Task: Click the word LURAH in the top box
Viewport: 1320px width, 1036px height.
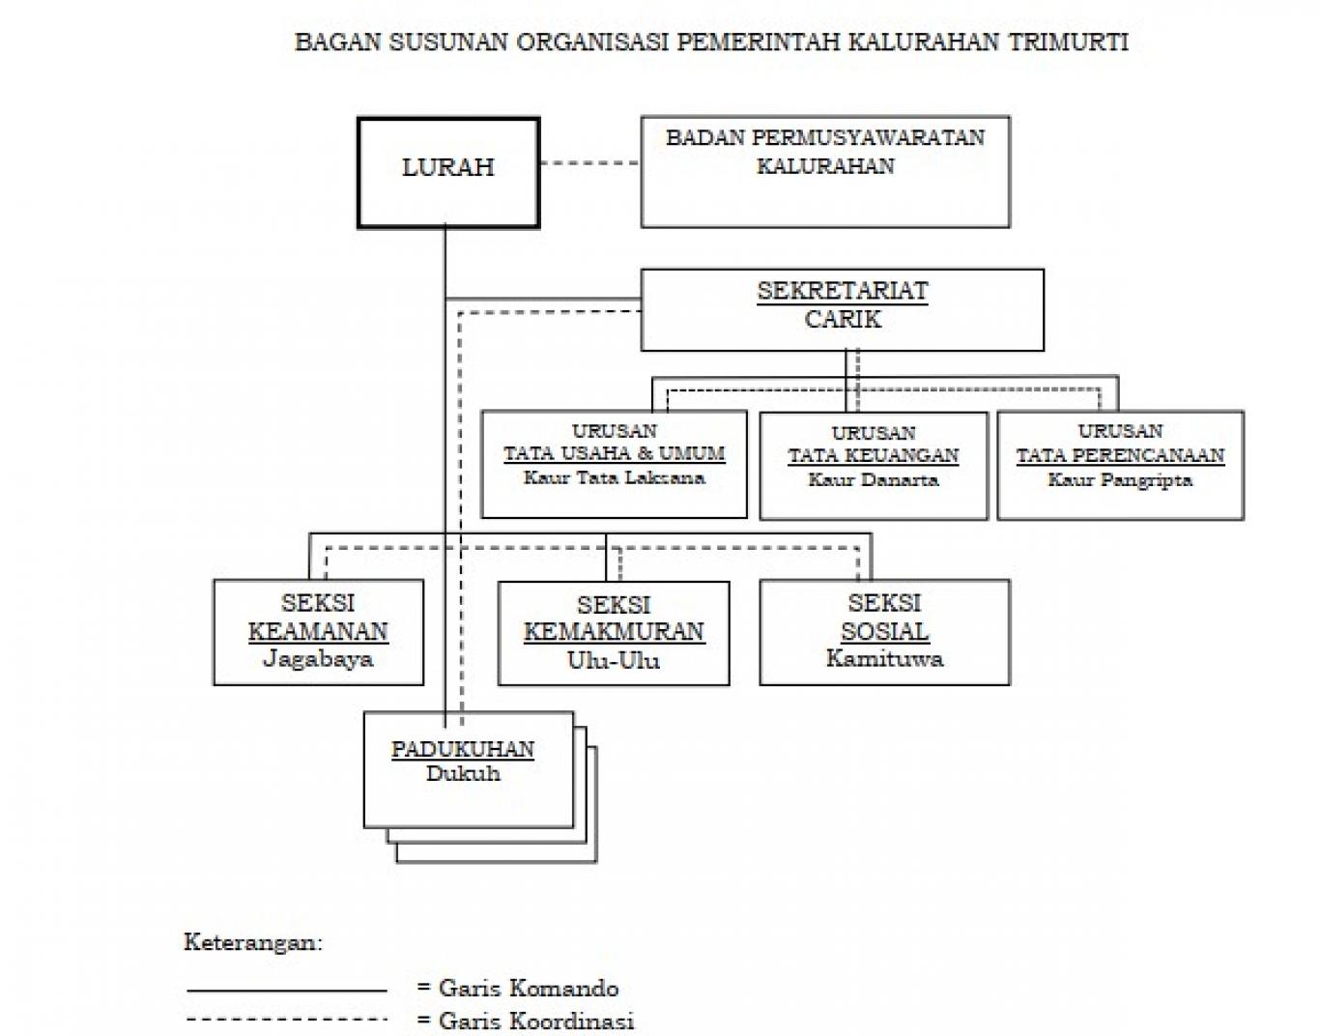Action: tap(448, 167)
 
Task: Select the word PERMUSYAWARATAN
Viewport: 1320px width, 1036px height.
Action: tap(868, 138)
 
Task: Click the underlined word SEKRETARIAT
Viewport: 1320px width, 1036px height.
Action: tap(843, 291)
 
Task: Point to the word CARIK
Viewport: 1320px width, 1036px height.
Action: tap(843, 320)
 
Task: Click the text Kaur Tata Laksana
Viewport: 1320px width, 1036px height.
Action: tap(615, 477)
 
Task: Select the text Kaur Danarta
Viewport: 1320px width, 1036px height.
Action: tap(874, 479)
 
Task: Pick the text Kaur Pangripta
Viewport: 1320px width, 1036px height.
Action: tap(1120, 479)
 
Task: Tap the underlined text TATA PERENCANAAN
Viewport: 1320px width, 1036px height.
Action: tap(1121, 455)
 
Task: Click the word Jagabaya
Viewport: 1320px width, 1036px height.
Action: tap(318, 658)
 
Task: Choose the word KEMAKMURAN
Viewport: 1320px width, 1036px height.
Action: tap(615, 632)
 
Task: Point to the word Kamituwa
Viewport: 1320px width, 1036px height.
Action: tap(885, 658)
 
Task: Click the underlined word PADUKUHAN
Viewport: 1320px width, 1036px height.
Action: tap(463, 749)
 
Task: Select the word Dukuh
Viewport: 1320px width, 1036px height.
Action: tap(463, 774)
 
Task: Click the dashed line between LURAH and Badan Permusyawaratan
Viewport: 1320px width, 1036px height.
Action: tap(590, 162)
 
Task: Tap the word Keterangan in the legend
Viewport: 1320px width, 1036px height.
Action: tap(253, 942)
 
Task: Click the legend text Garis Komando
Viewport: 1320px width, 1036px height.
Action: tap(529, 989)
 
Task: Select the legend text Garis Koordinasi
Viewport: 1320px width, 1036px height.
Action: tap(536, 1021)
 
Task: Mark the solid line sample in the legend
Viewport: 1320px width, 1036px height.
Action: tap(287, 991)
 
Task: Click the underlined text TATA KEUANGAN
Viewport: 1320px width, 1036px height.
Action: tap(874, 455)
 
